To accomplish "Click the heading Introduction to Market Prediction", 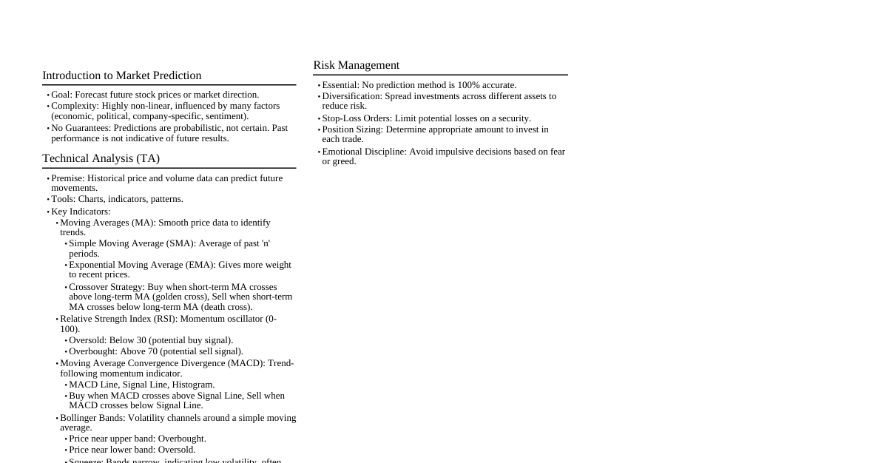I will click(121, 75).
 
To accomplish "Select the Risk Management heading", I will click(356, 65).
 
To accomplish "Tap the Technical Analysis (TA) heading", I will click(101, 158).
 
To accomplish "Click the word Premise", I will click(67, 178).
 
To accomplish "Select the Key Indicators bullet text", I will click(81, 212).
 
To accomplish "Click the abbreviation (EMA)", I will click(198, 265).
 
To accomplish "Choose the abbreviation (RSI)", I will click(164, 319).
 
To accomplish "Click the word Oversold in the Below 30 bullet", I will click(87, 340).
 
